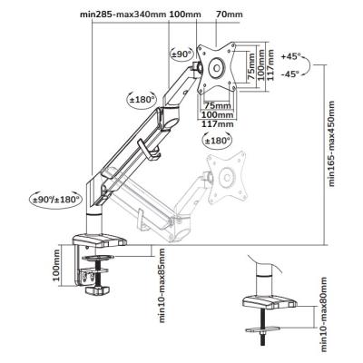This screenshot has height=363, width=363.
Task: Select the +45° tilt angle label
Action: [292, 57]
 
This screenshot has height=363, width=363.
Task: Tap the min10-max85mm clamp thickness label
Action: [162, 287]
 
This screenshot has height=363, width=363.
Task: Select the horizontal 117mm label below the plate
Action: [220, 126]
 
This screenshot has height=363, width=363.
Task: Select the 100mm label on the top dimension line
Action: [185, 15]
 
